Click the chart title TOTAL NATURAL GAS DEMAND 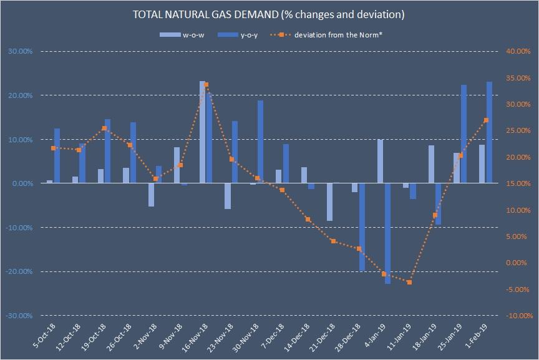pyautogui.click(x=269, y=14)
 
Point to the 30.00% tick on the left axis pyautogui.click(x=20, y=52)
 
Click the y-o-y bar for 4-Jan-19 pyautogui.click(x=387, y=233)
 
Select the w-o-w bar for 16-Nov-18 pyautogui.click(x=203, y=132)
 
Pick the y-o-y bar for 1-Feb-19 pyautogui.click(x=489, y=132)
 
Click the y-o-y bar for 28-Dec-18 pyautogui.click(x=362, y=227)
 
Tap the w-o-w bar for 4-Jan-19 pyautogui.click(x=381, y=161)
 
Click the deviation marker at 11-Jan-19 pyautogui.click(x=409, y=283)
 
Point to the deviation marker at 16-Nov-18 pyautogui.click(x=206, y=85)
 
